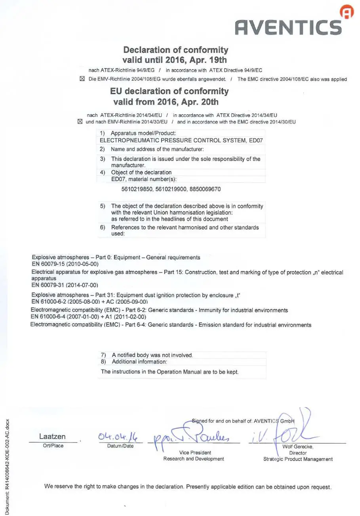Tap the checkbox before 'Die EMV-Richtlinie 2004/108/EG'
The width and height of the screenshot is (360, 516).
point(82,79)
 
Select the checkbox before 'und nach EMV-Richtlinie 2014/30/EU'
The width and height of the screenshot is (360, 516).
point(80,122)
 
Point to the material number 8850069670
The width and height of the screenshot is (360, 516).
point(205,189)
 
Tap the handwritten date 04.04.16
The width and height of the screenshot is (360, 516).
point(116,438)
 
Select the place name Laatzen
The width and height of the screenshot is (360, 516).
point(53,437)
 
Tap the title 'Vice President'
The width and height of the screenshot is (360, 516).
point(195,452)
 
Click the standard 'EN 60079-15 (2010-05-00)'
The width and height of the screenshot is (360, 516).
point(65,264)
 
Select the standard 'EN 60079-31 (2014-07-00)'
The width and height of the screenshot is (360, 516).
point(65,285)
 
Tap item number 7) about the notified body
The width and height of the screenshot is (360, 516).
point(104,355)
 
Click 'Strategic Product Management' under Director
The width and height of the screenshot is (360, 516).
point(298,459)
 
